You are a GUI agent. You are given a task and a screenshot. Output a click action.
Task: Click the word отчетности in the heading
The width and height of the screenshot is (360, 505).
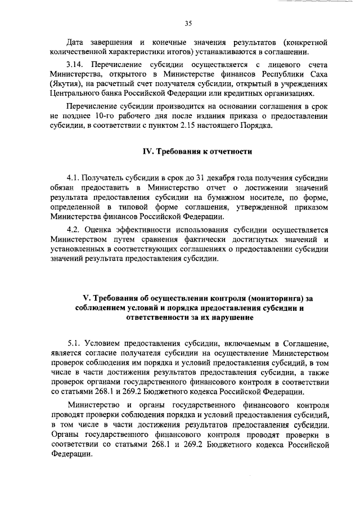click(231, 151)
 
